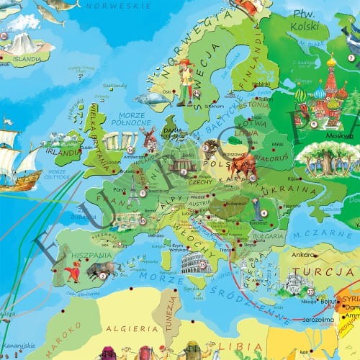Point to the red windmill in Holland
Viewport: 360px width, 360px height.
pos(150,139)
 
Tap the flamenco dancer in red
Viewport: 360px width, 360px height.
pos(73,272)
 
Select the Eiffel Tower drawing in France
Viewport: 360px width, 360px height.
pos(134,189)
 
